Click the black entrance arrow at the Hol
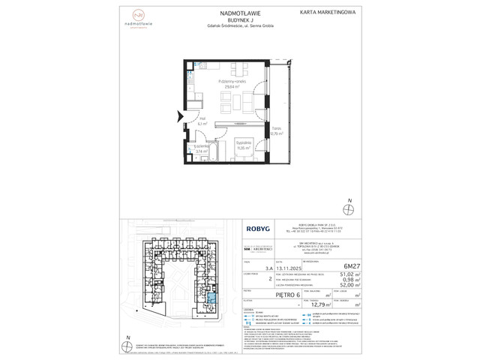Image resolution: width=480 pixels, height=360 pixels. (178, 116)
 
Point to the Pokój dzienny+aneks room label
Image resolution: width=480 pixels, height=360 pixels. (232, 80)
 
